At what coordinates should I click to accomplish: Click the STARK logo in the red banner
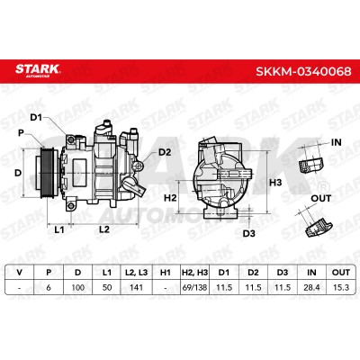pyautogui.click(x=38, y=70)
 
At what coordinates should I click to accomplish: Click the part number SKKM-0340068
pyautogui.click(x=303, y=71)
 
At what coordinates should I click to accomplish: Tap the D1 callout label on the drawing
pyautogui.click(x=36, y=118)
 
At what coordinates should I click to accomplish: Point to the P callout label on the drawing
pyautogui.click(x=21, y=132)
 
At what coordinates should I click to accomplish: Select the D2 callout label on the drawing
pyautogui.click(x=165, y=152)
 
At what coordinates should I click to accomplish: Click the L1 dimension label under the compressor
pyautogui.click(x=59, y=229)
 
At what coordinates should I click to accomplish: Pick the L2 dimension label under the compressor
pyautogui.click(x=104, y=229)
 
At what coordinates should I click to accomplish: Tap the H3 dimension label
pyautogui.click(x=275, y=182)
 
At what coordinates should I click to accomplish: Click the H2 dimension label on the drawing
pyautogui.click(x=170, y=198)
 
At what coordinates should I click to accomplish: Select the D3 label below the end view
pyautogui.click(x=248, y=233)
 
